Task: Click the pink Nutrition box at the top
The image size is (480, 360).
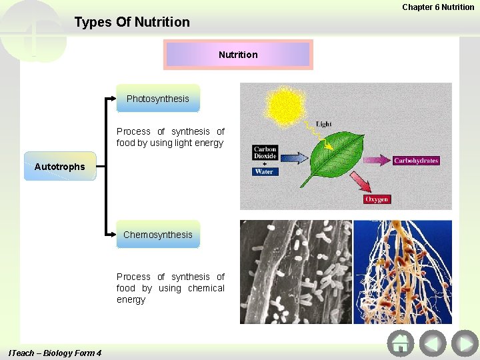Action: pyautogui.click(x=238, y=55)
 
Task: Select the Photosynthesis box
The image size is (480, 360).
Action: pyautogui.click(x=158, y=99)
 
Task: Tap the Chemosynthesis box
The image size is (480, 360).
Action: pyautogui.click(x=158, y=235)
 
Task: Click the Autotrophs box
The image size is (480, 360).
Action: pyautogui.click(x=59, y=167)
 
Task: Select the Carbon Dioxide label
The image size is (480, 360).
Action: pyautogui.click(x=265, y=153)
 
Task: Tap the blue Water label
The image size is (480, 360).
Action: pyautogui.click(x=265, y=171)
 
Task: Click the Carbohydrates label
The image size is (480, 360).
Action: pyautogui.click(x=416, y=161)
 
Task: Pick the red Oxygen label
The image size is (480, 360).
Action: pyautogui.click(x=377, y=199)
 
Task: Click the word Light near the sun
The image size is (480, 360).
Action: pyautogui.click(x=323, y=124)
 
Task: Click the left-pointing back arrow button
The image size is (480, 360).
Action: pyautogui.click(x=433, y=343)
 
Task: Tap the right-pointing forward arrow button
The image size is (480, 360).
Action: pyautogui.click(x=464, y=343)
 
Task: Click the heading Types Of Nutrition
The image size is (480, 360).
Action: pyautogui.click(x=132, y=23)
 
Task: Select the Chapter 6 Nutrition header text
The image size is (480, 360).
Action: pyautogui.click(x=438, y=7)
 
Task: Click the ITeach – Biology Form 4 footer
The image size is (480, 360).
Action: pyautogui.click(x=55, y=353)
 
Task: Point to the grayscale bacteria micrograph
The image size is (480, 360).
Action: pyautogui.click(x=295, y=272)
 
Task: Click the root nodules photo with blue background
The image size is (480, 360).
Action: pyautogui.click(x=402, y=272)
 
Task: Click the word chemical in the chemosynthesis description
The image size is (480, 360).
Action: pyautogui.click(x=206, y=288)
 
